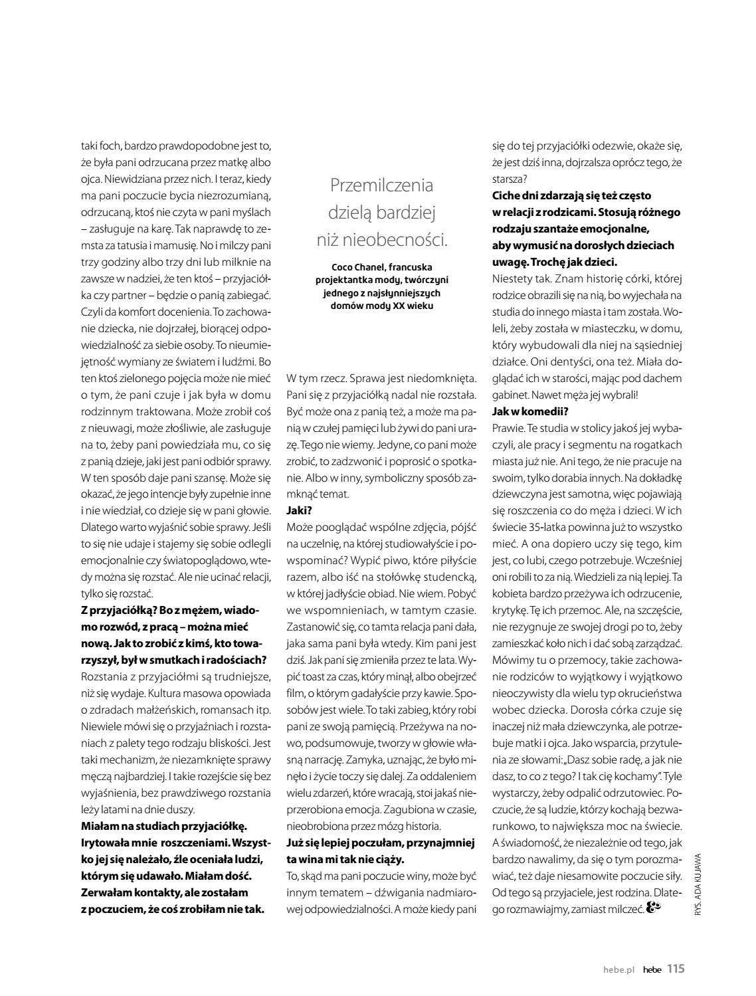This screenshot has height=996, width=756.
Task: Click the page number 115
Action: coord(675,968)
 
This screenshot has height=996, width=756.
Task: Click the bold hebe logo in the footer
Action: coord(652,969)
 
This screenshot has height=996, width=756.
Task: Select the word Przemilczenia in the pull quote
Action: coord(381,185)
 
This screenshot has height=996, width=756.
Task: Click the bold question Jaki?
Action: coord(299,510)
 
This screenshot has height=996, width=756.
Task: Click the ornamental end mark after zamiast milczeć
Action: coord(654,908)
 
